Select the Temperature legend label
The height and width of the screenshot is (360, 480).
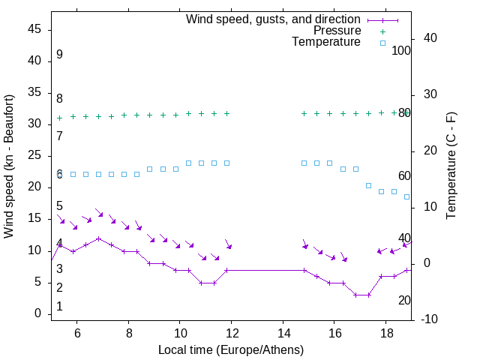pyautogui.click(x=326, y=42)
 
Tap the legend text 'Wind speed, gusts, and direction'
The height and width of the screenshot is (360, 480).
pyautogui.click(x=274, y=19)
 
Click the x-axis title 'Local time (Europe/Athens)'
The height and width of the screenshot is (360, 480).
pyautogui.click(x=231, y=350)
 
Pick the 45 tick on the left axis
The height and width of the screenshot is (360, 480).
pyautogui.click(x=34, y=29)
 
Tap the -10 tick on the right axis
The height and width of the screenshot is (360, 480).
pyautogui.click(x=430, y=319)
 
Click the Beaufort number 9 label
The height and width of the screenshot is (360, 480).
pyautogui.click(x=59, y=55)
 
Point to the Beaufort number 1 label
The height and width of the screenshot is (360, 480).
pyautogui.click(x=59, y=307)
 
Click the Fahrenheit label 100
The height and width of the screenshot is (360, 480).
pyautogui.click(x=402, y=50)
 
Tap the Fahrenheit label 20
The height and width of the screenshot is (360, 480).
pyautogui.click(x=404, y=301)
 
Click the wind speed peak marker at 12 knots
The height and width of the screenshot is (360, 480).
pyautogui.click(x=98, y=238)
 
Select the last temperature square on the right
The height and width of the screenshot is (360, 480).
pyautogui.click(x=407, y=196)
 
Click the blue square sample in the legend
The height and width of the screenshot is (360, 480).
pyautogui.click(x=382, y=43)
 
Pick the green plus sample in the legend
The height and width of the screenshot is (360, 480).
pyautogui.click(x=382, y=31)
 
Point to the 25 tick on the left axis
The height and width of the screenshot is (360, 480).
pyautogui.click(x=34, y=155)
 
